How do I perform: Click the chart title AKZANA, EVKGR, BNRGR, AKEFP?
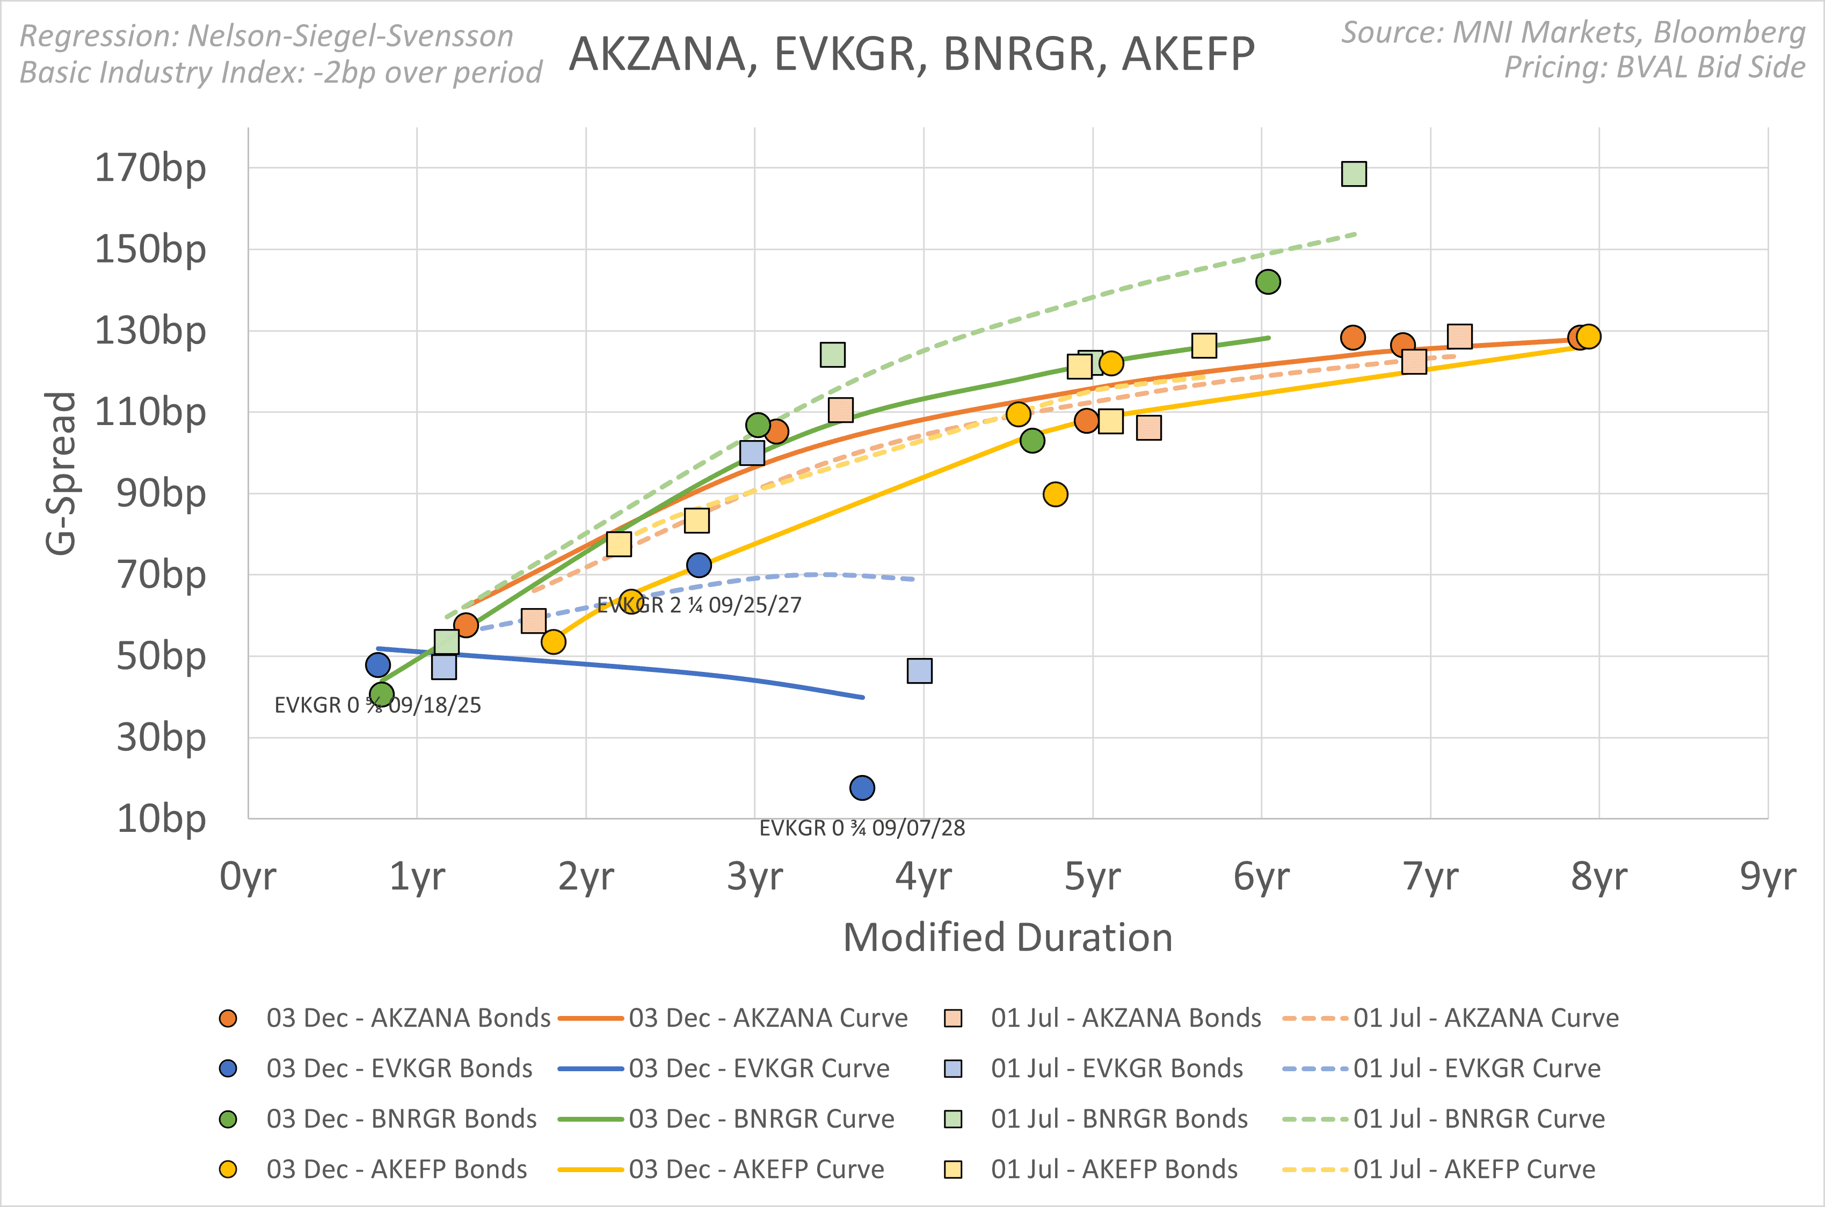(912, 54)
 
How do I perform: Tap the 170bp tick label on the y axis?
(150, 168)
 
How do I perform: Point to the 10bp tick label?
(161, 818)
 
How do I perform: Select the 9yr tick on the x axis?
(1767, 876)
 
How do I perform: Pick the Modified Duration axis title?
(1007, 938)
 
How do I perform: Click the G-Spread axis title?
(61, 473)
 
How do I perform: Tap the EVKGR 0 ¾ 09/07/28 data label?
(862, 828)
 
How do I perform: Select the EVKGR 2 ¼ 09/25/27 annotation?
(699, 605)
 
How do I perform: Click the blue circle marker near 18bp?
(862, 787)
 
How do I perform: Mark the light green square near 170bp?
(1354, 174)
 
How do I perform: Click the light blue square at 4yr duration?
(919, 670)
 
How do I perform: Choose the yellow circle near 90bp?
(1055, 494)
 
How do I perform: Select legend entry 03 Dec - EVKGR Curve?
(759, 1069)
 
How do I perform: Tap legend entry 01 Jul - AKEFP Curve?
(1474, 1169)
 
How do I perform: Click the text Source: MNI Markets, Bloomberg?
(1573, 32)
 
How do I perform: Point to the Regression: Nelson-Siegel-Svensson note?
(266, 35)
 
